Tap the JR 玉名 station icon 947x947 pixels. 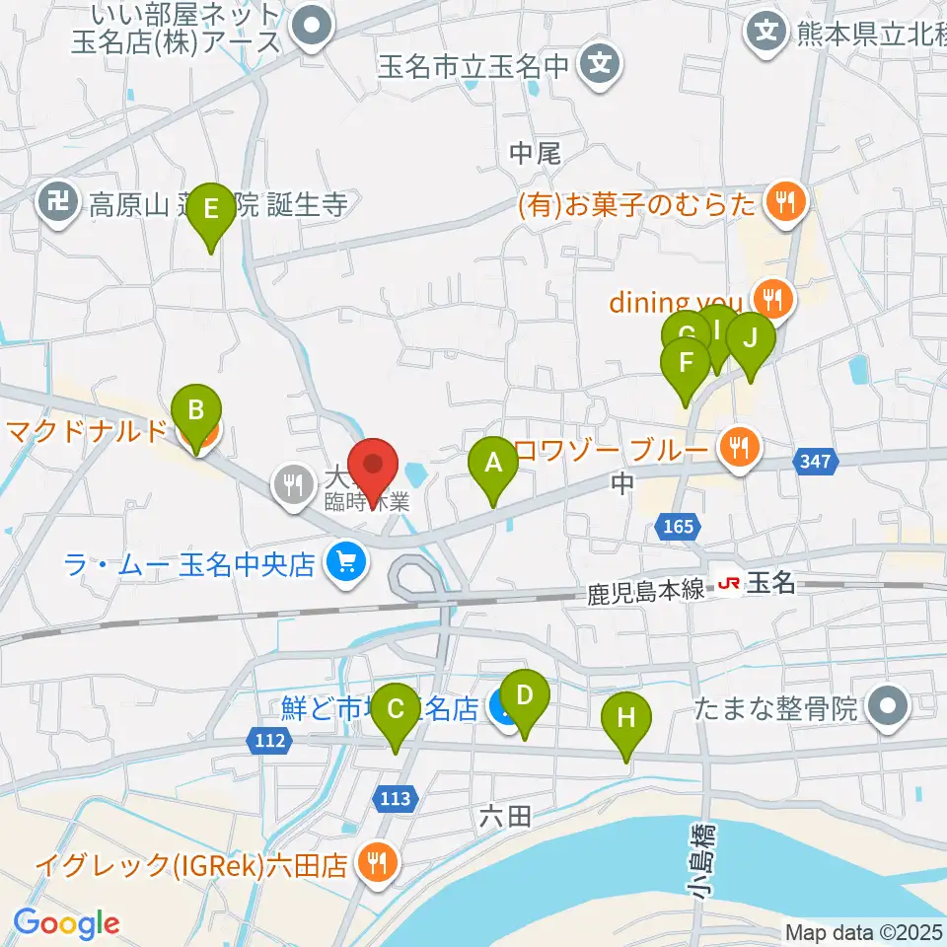pos(730,585)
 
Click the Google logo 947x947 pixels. pos(66,924)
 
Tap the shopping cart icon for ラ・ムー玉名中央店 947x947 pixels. pos(344,564)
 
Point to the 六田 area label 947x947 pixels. pos(506,815)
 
